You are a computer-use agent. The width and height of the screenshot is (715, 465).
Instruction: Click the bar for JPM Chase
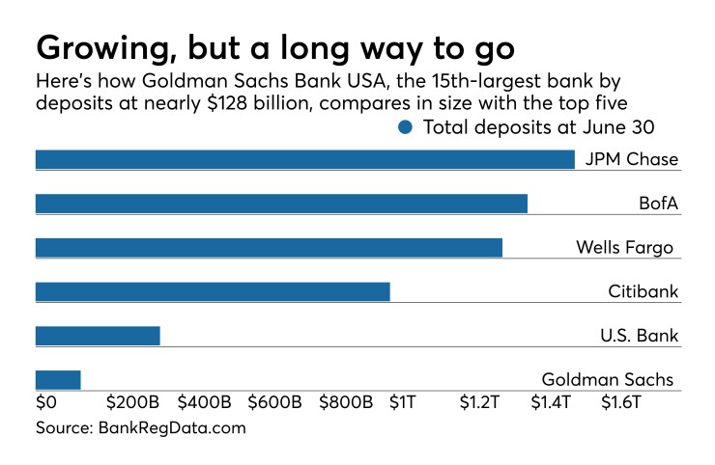pos(304,159)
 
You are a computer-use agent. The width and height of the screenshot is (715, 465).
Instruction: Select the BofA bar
pos(281,204)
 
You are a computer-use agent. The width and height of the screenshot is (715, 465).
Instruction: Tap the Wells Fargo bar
pos(269,248)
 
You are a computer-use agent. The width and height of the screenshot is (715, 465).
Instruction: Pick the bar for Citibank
pos(213,291)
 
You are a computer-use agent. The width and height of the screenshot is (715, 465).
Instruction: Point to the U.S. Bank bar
pos(98,336)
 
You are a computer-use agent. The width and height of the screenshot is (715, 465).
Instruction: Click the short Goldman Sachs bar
pos(58,380)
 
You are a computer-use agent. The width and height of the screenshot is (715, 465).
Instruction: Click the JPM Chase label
pos(632,160)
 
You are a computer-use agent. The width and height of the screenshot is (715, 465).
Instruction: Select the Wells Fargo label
pos(624,248)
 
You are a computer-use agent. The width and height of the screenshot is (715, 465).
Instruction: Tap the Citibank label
pos(643,291)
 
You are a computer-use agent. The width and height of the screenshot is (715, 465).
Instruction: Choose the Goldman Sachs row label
pos(607,379)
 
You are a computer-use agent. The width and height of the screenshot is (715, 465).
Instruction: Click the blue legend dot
pos(405,127)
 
